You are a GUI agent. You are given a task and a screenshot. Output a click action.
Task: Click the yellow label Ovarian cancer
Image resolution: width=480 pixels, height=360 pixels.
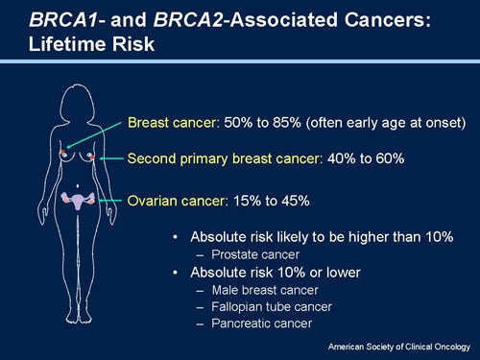click(176, 201)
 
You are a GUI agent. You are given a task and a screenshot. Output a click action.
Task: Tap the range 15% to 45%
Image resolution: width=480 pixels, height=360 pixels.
click(270, 201)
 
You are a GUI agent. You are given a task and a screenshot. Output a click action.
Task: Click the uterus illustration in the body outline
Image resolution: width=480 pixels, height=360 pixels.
click(77, 199)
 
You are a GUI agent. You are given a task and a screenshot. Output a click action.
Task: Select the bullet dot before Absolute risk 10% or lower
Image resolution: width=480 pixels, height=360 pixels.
click(174, 273)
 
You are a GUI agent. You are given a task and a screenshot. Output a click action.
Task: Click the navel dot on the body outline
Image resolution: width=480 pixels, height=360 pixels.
click(77, 184)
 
